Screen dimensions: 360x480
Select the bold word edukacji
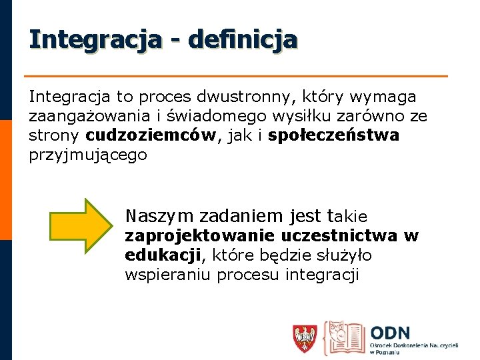[163, 255]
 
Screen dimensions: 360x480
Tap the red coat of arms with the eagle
[305, 338]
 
